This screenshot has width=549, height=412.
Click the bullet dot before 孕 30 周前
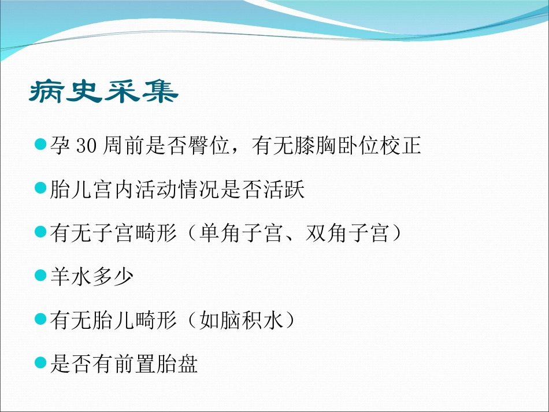pos(40,144)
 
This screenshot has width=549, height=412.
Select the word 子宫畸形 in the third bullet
pos(135,233)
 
